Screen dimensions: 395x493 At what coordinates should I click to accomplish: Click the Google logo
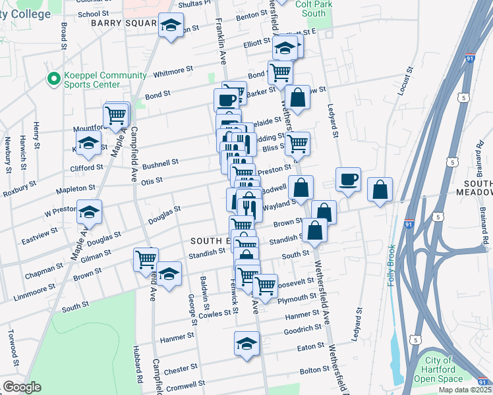(x=22, y=387)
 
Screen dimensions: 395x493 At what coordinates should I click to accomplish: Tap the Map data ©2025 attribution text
(x=465, y=390)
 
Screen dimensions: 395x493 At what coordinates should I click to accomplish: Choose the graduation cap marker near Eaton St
(x=246, y=344)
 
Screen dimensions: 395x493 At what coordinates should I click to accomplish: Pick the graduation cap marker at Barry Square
(x=171, y=26)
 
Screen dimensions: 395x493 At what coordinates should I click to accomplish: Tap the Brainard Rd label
(x=482, y=222)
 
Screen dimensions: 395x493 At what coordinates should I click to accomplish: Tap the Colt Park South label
(x=310, y=9)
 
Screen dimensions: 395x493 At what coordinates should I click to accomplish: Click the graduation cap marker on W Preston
(x=89, y=213)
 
